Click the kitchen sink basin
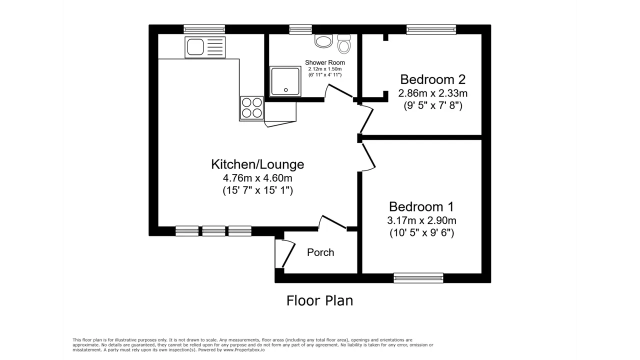pos(195,47)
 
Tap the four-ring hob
pos(251,108)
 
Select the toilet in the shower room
pos(343,44)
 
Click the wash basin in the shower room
pos(323,41)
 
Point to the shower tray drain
pos(285,90)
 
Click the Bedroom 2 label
pos(432,79)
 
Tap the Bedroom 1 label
pos(421,206)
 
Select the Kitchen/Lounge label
pos(257,164)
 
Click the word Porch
pos(320,252)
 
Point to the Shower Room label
pos(325,62)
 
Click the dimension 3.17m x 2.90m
pos(421,220)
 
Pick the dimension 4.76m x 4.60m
pos(257,178)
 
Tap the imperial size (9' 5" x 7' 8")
pos(433,105)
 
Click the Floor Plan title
pos(319,301)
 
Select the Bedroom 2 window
pos(431,29)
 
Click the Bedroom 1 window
pos(418,278)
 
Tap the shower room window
pos(300,29)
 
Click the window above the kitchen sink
pos(204,29)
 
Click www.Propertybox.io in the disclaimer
pos(244,350)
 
